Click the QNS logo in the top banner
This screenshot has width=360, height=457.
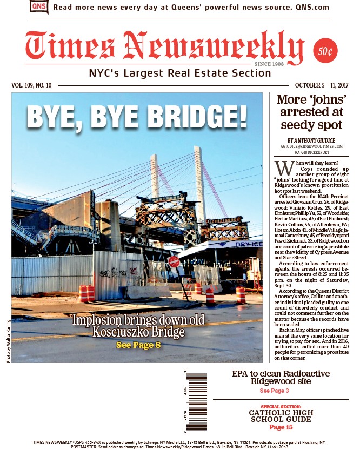coord(39,7)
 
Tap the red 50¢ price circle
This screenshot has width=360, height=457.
coord(325,52)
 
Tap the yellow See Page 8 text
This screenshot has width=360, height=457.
coord(138,345)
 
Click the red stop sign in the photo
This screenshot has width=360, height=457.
coord(174,262)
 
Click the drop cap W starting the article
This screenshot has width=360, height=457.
coord(281,166)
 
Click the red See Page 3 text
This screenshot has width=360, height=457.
coord(274,391)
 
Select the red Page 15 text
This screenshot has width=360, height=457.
coord(281,427)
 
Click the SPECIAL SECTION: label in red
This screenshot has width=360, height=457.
coord(281,406)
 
